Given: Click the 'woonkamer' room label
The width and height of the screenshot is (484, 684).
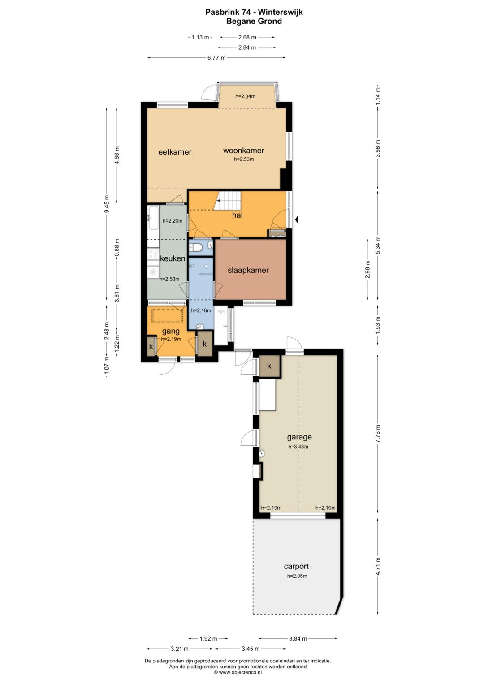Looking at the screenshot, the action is [x=243, y=150].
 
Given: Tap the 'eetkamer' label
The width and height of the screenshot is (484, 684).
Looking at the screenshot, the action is [x=175, y=152].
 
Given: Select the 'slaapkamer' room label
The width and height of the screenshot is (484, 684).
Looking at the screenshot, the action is [x=248, y=270].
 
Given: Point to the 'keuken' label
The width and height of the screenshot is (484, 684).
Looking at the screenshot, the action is [x=173, y=258].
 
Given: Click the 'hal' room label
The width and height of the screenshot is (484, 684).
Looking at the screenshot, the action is [x=237, y=215].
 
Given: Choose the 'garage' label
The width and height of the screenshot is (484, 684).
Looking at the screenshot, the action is [x=299, y=437].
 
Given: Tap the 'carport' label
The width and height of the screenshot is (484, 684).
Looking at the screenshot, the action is [x=296, y=567].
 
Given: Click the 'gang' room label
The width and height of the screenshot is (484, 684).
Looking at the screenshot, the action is [x=170, y=331].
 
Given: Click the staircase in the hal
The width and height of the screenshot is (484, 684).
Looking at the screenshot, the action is [x=227, y=201].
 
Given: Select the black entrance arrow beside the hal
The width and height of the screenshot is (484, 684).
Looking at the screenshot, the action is [x=296, y=219].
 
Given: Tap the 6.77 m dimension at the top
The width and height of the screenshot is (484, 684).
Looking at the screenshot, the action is [x=216, y=58].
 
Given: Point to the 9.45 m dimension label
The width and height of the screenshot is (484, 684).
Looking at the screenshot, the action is [x=107, y=204].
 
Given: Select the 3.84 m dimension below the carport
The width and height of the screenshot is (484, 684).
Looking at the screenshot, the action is [x=298, y=638].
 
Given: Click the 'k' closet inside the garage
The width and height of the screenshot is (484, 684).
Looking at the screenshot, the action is [x=269, y=366].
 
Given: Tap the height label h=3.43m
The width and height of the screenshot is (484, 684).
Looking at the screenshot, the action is [x=298, y=447].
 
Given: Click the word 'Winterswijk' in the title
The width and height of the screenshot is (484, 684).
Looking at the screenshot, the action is [x=281, y=12].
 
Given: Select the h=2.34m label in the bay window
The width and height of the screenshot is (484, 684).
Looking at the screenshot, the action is [x=245, y=96].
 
